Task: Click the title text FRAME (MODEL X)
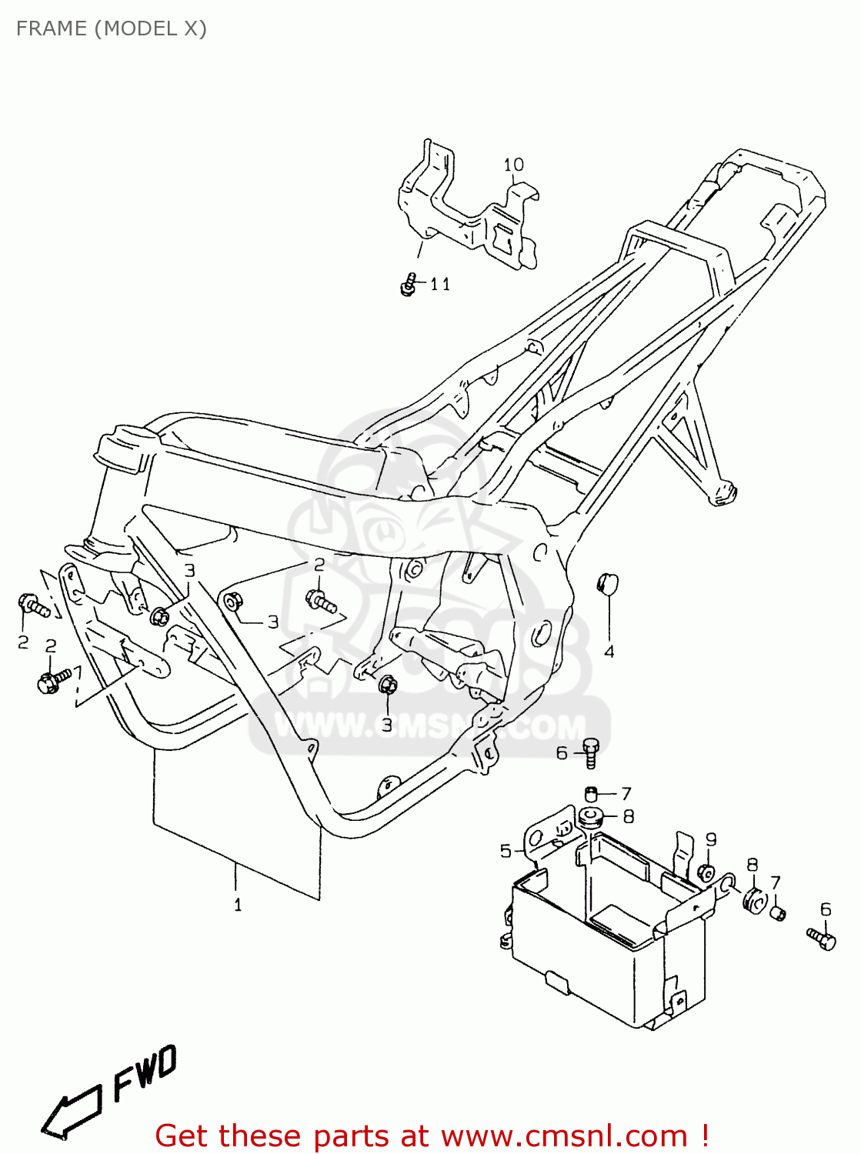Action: (x=112, y=28)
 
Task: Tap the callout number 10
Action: (x=513, y=165)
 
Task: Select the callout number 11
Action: (x=439, y=285)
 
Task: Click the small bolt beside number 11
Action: (x=409, y=284)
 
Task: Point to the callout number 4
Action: (x=609, y=652)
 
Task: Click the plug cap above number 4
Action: (x=608, y=584)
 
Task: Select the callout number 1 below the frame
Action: (x=237, y=905)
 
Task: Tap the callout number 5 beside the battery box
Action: (x=506, y=850)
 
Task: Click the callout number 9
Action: (x=710, y=839)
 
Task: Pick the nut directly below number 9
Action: (x=706, y=872)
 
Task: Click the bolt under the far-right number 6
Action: (x=822, y=938)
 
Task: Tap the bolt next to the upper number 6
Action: (x=590, y=752)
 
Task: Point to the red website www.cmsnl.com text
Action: (x=563, y=1136)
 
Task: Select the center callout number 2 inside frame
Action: (x=319, y=565)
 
